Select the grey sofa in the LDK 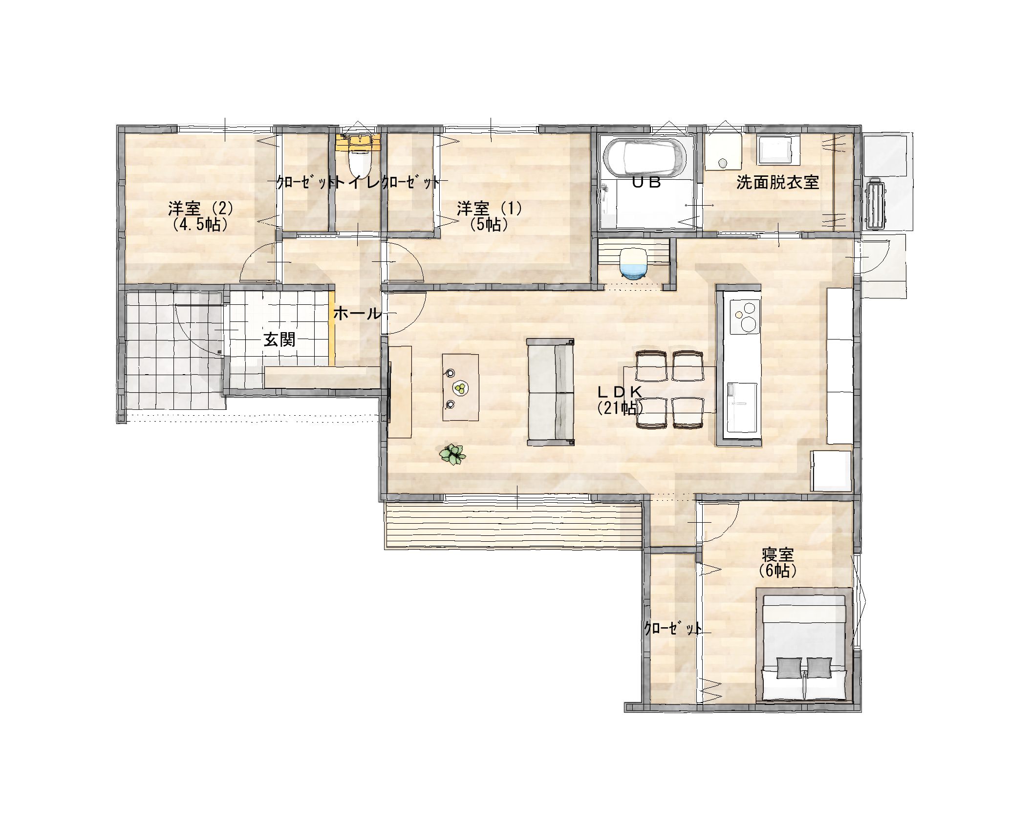coord(550,392)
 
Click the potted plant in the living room coord(453,454)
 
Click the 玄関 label coord(279,339)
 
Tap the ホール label coord(357,314)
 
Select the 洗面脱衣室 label coord(777,183)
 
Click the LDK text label coord(620,391)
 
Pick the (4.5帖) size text coord(200,224)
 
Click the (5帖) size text coord(489,224)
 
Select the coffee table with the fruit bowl coord(460,387)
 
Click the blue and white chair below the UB coord(633,264)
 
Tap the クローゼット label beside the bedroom coord(673,628)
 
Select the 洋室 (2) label coord(200,209)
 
